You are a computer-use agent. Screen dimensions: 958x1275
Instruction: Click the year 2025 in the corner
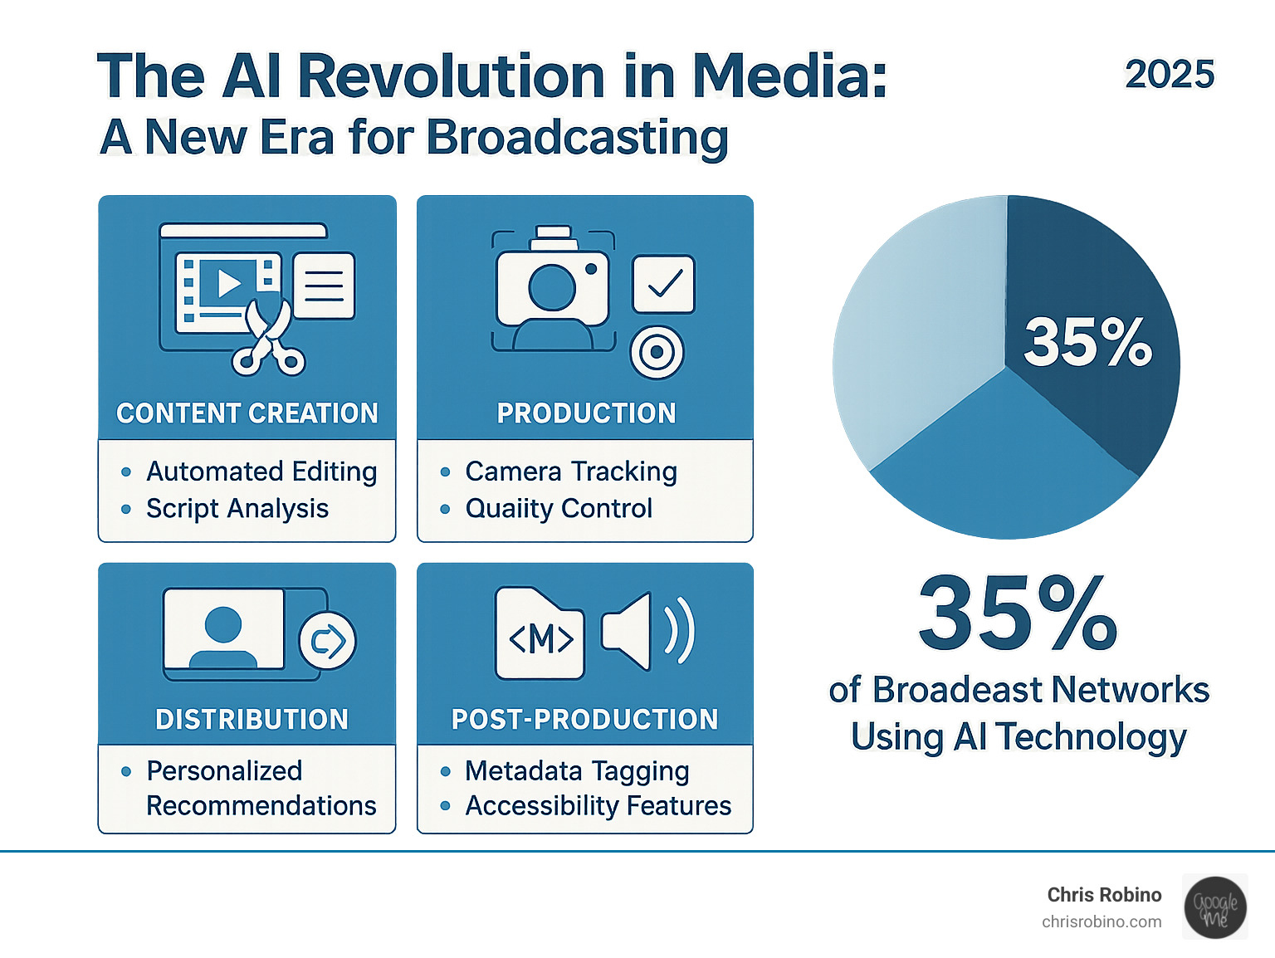point(1169,75)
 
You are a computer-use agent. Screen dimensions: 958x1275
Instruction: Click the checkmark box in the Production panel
point(663,285)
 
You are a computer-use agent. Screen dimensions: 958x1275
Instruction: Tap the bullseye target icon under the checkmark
point(657,352)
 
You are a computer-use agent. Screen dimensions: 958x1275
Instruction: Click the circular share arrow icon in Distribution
point(327,641)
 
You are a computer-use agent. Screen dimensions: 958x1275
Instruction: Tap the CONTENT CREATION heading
point(247,413)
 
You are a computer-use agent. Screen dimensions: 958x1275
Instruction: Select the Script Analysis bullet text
point(237,508)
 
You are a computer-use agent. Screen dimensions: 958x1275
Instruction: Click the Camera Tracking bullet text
point(571,472)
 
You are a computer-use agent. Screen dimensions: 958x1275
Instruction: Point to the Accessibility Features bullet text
point(598,805)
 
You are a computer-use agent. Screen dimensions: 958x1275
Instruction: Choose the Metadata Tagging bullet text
point(577,771)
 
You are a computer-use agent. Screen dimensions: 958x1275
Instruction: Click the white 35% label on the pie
point(1087,342)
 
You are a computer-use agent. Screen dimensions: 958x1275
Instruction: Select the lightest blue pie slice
point(913,332)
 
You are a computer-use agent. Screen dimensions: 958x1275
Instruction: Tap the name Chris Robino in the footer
point(1104,895)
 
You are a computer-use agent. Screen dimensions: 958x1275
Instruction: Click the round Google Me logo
point(1215,907)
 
